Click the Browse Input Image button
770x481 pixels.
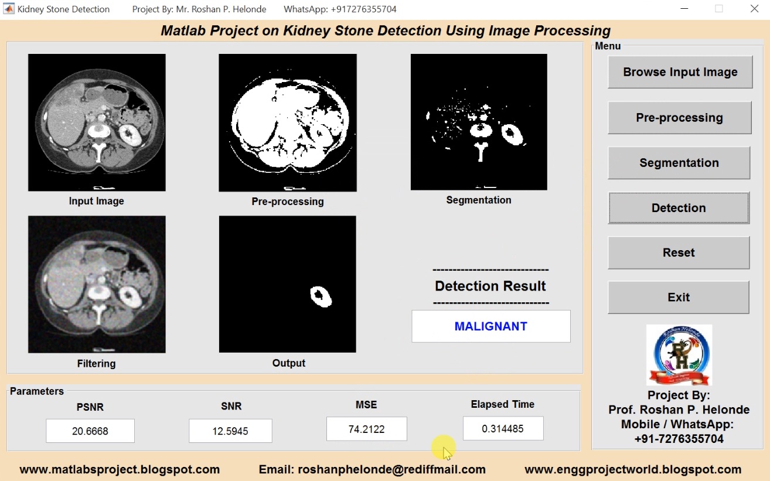click(x=680, y=72)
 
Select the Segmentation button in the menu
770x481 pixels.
click(x=679, y=163)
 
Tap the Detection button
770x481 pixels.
click(x=679, y=208)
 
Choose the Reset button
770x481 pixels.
click(x=679, y=253)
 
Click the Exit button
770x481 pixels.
click(x=679, y=297)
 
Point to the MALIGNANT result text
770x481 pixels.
click(x=490, y=326)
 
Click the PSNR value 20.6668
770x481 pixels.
click(x=90, y=431)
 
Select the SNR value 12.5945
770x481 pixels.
click(x=230, y=431)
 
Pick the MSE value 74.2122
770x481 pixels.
click(x=366, y=429)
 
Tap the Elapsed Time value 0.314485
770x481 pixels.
click(x=503, y=428)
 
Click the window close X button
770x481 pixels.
click(x=754, y=9)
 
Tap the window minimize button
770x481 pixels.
click(x=684, y=9)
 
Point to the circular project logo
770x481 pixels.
click(x=679, y=355)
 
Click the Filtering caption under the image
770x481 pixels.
click(x=96, y=363)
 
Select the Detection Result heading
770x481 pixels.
click(x=490, y=286)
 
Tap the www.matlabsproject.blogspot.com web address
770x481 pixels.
click(x=120, y=469)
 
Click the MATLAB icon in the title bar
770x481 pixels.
click(x=9, y=9)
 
